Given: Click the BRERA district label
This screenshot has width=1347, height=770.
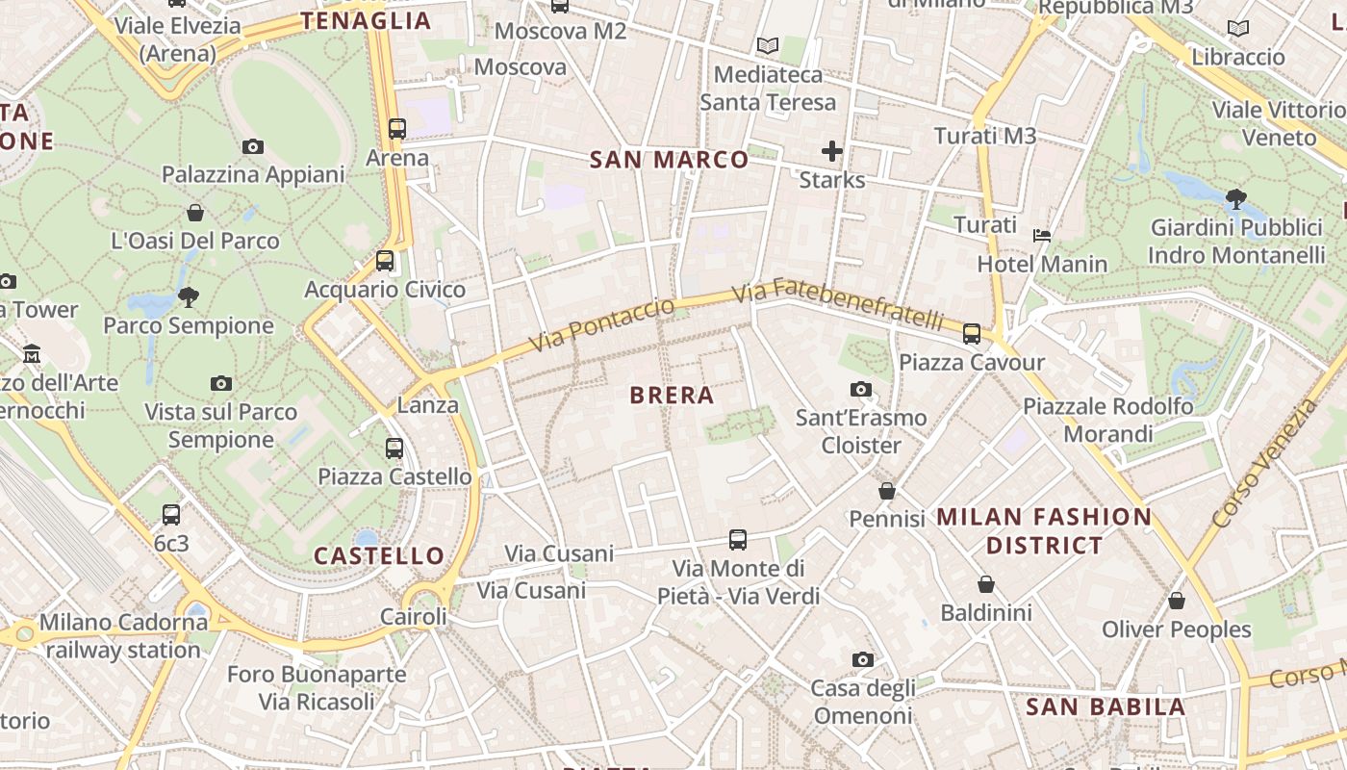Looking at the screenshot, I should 672,395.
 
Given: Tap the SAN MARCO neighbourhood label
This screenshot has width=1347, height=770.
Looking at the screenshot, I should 669,160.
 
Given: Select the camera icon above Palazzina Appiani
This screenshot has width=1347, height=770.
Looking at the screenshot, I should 253,147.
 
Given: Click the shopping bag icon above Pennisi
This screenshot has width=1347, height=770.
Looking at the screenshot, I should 887,491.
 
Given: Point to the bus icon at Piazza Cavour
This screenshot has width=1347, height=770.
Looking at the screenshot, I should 972,334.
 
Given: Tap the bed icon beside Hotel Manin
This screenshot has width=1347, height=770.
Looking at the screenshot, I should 1041,235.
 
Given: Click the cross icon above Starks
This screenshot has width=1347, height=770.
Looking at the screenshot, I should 832,151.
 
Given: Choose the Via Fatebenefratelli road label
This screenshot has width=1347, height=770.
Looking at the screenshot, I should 838,305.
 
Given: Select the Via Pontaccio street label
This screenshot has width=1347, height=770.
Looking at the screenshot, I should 601,324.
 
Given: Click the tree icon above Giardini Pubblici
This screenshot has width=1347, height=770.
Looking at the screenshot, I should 1236,199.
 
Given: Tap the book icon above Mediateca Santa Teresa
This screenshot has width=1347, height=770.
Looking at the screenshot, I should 767,45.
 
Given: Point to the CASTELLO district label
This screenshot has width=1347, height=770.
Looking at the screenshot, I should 379,555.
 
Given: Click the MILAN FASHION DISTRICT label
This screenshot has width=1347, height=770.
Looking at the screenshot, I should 1044,530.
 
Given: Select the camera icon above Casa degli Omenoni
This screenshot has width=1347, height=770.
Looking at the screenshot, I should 862,659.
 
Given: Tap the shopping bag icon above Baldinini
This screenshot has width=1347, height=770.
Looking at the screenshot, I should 986,584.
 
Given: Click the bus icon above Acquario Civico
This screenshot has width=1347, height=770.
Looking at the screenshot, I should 385,260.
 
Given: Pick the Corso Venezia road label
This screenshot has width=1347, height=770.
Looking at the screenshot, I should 1263,465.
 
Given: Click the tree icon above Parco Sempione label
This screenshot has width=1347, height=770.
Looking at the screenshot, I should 189,296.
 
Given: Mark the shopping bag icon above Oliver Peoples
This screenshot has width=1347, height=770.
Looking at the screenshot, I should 1176,601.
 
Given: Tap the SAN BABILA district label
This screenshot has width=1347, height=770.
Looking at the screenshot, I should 1106,707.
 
